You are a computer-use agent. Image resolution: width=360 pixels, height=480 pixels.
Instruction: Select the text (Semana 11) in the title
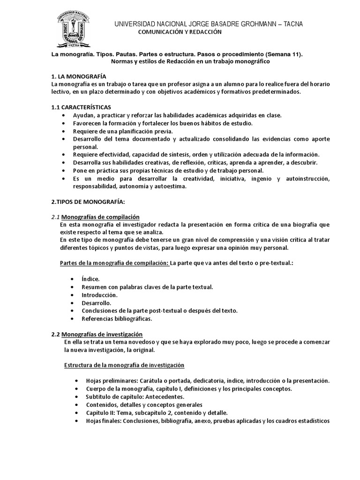pos(281,54)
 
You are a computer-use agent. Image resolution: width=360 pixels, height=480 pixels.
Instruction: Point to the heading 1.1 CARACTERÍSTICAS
pos(81,107)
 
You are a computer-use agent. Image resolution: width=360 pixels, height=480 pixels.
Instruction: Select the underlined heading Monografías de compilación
pos(100,217)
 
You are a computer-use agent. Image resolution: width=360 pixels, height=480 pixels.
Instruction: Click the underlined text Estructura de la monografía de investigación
pos(124,365)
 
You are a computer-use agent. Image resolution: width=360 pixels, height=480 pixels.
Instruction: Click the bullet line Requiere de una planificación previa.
pos(123,131)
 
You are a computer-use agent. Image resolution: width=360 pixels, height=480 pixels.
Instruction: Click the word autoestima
pos(172,186)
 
